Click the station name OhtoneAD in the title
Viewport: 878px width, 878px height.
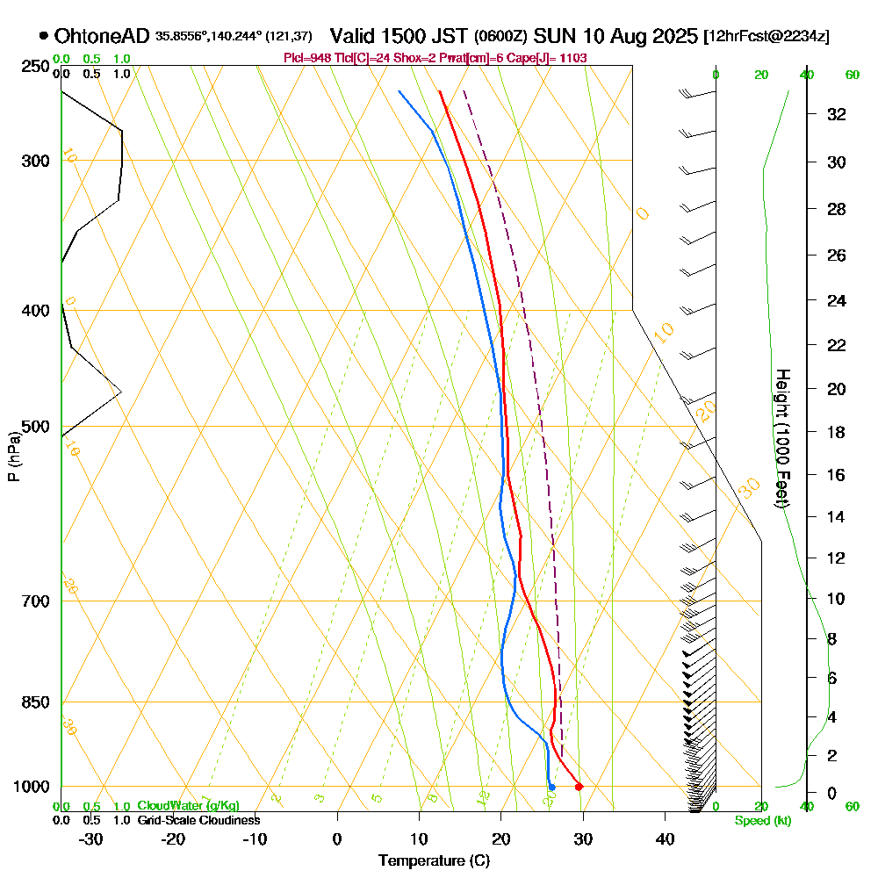click(102, 36)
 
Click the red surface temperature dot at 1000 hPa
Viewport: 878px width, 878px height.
click(579, 787)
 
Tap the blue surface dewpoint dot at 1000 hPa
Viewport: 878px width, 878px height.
click(551, 788)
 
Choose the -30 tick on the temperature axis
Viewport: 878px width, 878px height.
click(91, 838)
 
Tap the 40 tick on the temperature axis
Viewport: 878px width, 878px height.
click(665, 838)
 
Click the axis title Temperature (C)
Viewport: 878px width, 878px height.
click(434, 860)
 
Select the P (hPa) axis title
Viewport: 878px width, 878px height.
click(13, 457)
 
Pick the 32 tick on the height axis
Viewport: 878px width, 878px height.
click(836, 113)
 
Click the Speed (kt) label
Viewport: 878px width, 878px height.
click(761, 821)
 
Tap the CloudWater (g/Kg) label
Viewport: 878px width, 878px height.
click(188, 806)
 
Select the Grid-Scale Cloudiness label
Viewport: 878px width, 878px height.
click(198, 820)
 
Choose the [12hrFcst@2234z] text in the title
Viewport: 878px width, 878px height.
click(766, 37)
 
